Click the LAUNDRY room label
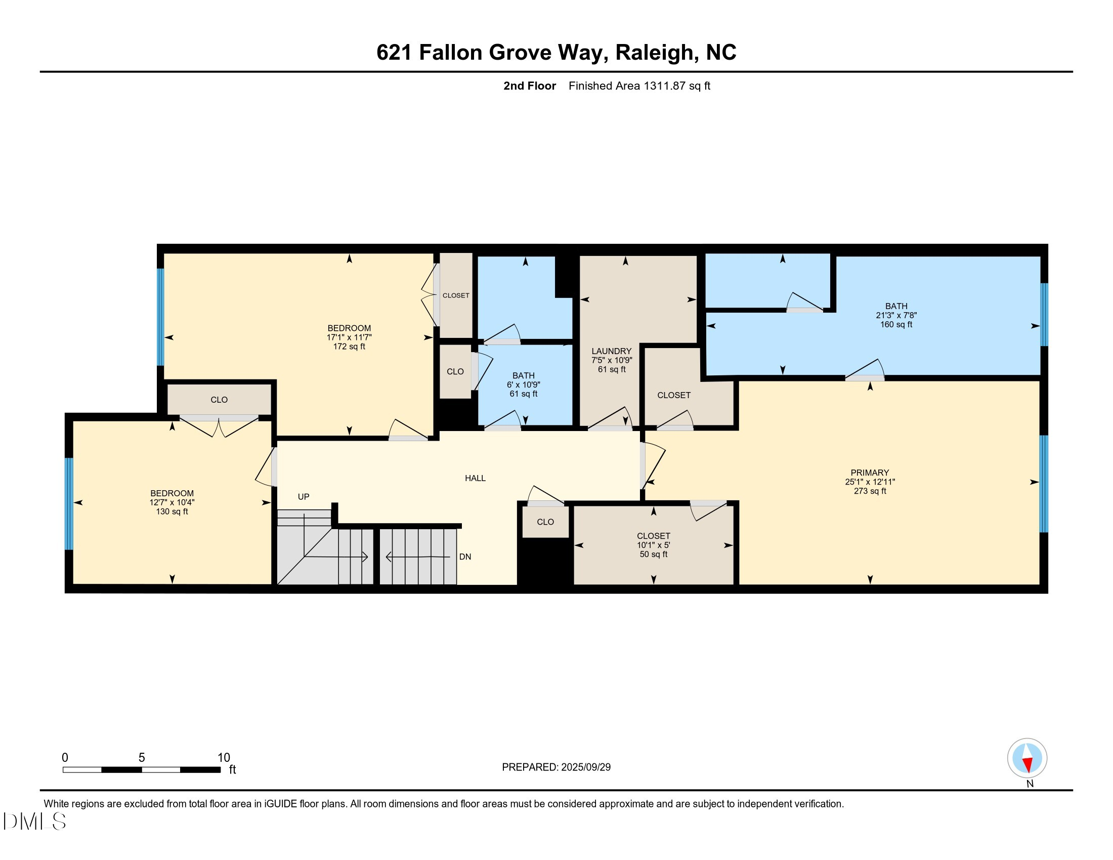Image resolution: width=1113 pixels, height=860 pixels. tap(611, 351)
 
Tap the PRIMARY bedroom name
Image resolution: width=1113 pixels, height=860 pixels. tap(869, 472)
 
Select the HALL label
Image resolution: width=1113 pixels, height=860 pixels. tap(475, 478)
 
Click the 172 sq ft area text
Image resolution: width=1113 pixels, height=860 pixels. tap(349, 347)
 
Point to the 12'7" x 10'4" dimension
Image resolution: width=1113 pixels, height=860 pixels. tap(172, 502)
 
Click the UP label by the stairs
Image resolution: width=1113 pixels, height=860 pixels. tap(303, 497)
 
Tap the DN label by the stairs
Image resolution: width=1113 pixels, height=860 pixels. tap(465, 557)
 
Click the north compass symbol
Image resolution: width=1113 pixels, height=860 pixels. tap(1027, 758)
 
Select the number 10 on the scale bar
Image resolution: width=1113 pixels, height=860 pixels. tap(224, 758)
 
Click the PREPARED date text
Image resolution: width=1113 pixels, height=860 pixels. tap(556, 767)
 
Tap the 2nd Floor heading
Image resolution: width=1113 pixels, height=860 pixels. tap(530, 86)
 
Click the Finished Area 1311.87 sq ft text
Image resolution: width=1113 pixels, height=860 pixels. tap(639, 86)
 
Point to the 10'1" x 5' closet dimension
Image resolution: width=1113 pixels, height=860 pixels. tap(653, 545)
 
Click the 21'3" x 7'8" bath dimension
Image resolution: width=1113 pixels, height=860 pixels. tap(896, 315)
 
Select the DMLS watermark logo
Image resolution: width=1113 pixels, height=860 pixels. tap(34, 821)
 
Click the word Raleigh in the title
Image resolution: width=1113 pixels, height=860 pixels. tap(654, 53)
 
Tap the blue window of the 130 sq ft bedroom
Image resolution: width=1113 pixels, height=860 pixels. tap(69, 503)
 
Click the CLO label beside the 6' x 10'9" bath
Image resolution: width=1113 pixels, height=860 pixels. tap(455, 372)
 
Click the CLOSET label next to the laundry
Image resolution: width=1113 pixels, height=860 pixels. tap(674, 396)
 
